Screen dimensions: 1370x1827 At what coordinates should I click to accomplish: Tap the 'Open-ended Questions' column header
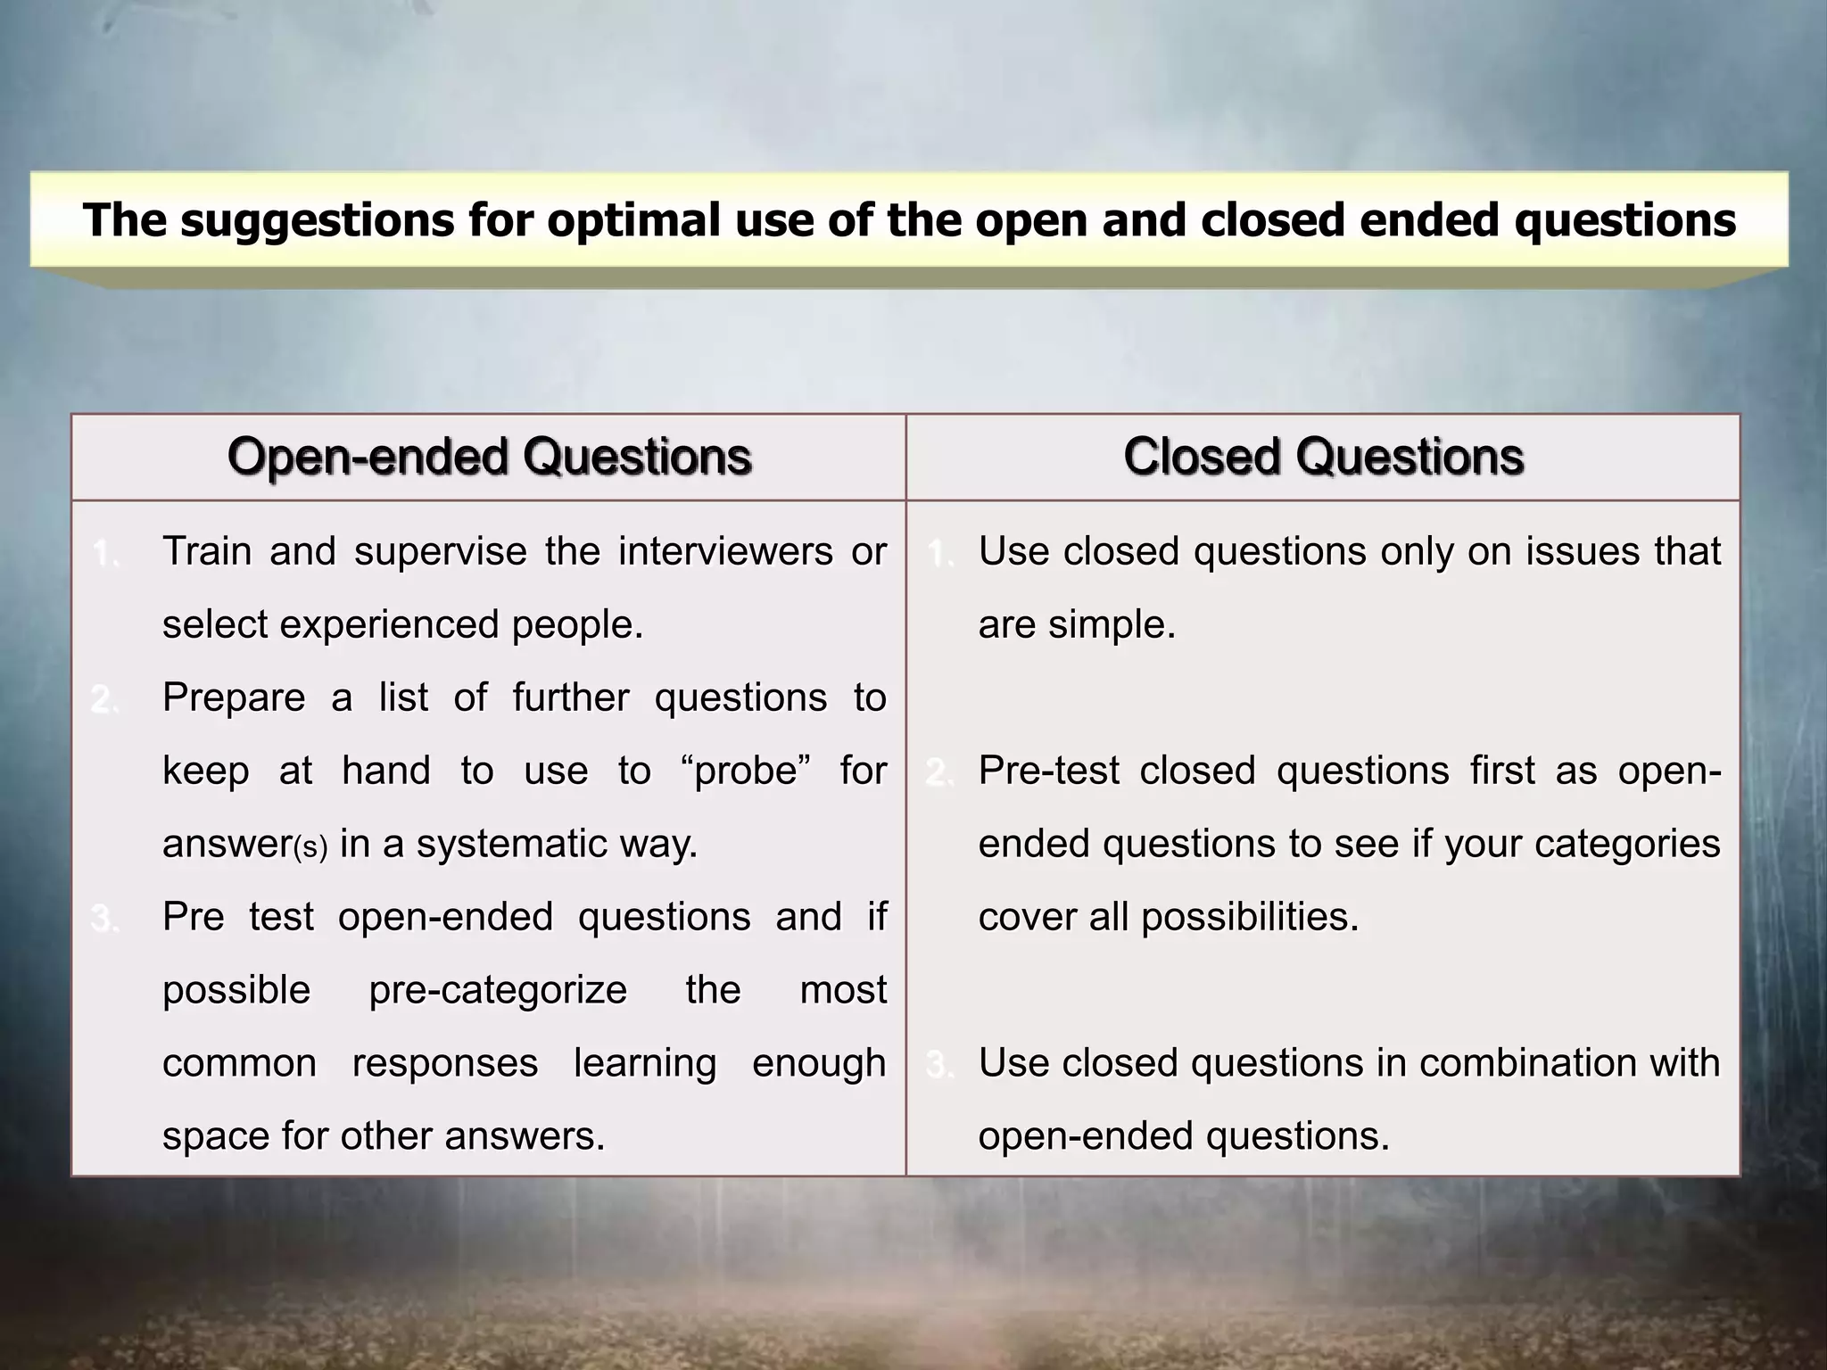point(489,457)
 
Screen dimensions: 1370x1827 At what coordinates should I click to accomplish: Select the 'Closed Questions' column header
point(1323,457)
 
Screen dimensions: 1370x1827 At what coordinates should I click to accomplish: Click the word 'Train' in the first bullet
point(207,551)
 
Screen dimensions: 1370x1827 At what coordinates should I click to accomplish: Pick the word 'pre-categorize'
point(498,990)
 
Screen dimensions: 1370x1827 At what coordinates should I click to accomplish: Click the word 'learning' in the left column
point(645,1063)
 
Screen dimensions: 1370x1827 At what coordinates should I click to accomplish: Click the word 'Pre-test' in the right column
point(1048,771)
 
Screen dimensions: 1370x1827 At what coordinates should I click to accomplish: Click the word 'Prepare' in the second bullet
point(234,697)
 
